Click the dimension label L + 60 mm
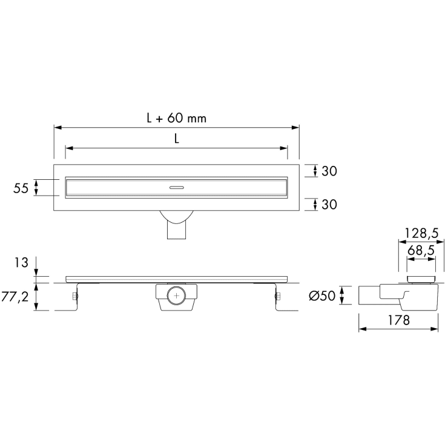pyautogui.click(x=177, y=118)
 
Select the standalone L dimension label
pyautogui.click(x=177, y=139)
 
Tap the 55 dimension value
pyautogui.click(x=21, y=188)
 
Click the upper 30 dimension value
pyautogui.click(x=329, y=171)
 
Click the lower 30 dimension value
pyautogui.click(x=329, y=205)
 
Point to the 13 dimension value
pyautogui.click(x=22, y=263)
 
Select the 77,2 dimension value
pyautogui.click(x=15, y=297)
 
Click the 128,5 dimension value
pyautogui.click(x=421, y=233)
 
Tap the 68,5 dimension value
pyautogui.click(x=421, y=250)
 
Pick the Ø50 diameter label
pyautogui.click(x=322, y=296)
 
